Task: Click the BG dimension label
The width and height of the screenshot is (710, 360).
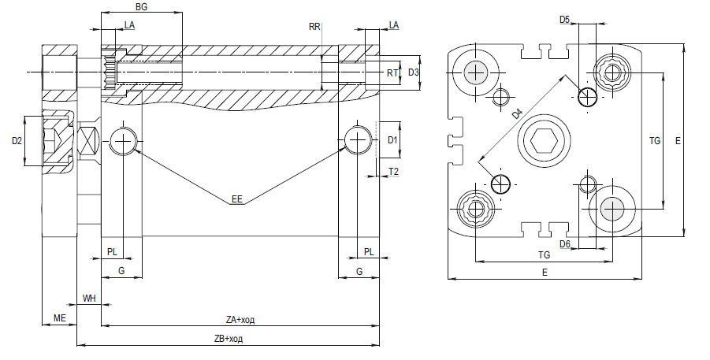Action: click(x=141, y=7)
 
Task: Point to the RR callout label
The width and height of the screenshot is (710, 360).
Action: click(x=314, y=27)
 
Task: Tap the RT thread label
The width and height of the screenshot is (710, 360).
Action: click(x=392, y=73)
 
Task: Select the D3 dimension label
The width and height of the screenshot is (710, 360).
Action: click(x=414, y=72)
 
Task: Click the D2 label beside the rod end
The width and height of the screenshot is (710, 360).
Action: click(x=17, y=141)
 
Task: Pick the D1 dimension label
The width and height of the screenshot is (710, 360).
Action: click(x=392, y=140)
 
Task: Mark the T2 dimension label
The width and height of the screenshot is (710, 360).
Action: click(x=393, y=171)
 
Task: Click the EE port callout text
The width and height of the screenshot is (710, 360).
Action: click(x=237, y=199)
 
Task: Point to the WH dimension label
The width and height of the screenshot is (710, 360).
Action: click(x=89, y=299)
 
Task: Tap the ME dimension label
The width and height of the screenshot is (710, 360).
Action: click(x=60, y=318)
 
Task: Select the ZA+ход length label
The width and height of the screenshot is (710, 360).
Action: click(x=240, y=320)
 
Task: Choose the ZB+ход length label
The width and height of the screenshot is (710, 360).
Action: click(x=229, y=339)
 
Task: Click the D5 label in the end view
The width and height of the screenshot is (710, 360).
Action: click(x=564, y=20)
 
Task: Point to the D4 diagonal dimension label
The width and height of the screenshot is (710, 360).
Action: click(x=517, y=113)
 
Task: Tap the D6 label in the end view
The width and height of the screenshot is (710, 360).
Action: click(x=565, y=244)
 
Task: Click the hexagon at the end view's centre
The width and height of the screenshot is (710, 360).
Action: click(x=544, y=141)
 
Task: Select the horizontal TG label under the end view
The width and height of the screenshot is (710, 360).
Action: click(x=544, y=255)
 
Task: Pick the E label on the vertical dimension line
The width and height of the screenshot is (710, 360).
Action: click(x=678, y=141)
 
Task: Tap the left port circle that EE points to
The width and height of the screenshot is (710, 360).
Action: click(x=122, y=141)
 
